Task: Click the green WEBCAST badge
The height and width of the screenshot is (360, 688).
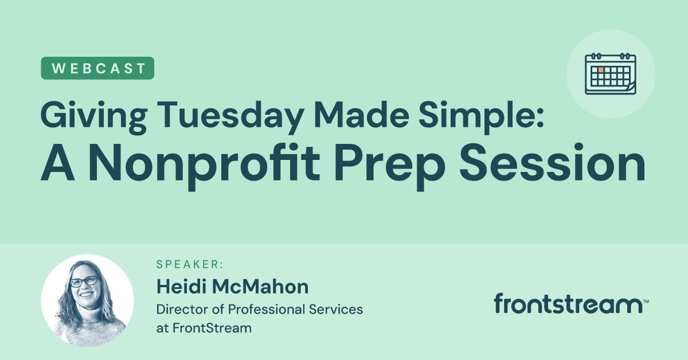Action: click(x=97, y=68)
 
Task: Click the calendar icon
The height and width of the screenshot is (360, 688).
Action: click(x=611, y=74)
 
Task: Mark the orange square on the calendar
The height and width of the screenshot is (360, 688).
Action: click(x=601, y=69)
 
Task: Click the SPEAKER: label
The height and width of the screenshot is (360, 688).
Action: click(x=190, y=264)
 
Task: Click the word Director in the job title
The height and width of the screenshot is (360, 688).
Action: click(x=181, y=309)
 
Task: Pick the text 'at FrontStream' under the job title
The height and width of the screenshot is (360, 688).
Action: click(x=204, y=328)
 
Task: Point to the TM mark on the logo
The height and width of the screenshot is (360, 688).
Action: click(x=646, y=300)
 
